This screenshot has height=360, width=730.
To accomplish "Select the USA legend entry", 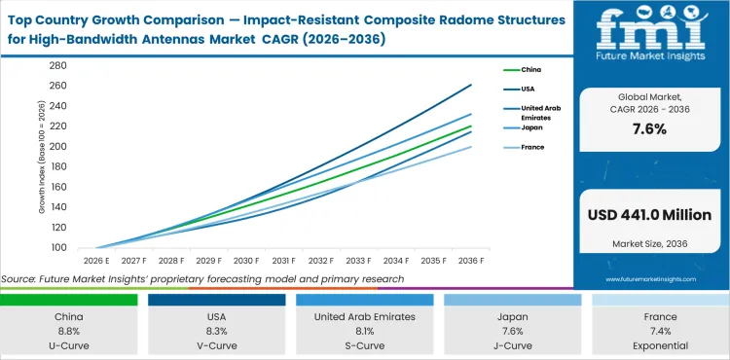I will [x=520, y=90].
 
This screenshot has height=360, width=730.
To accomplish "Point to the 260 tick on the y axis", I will [x=57, y=86].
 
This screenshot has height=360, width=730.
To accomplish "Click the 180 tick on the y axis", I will [x=57, y=166].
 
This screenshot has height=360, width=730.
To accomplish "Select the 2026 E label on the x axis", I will [x=95, y=261].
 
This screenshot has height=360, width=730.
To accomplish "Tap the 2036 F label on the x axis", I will [x=470, y=261].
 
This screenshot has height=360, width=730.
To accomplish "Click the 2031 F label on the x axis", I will [x=282, y=261].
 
